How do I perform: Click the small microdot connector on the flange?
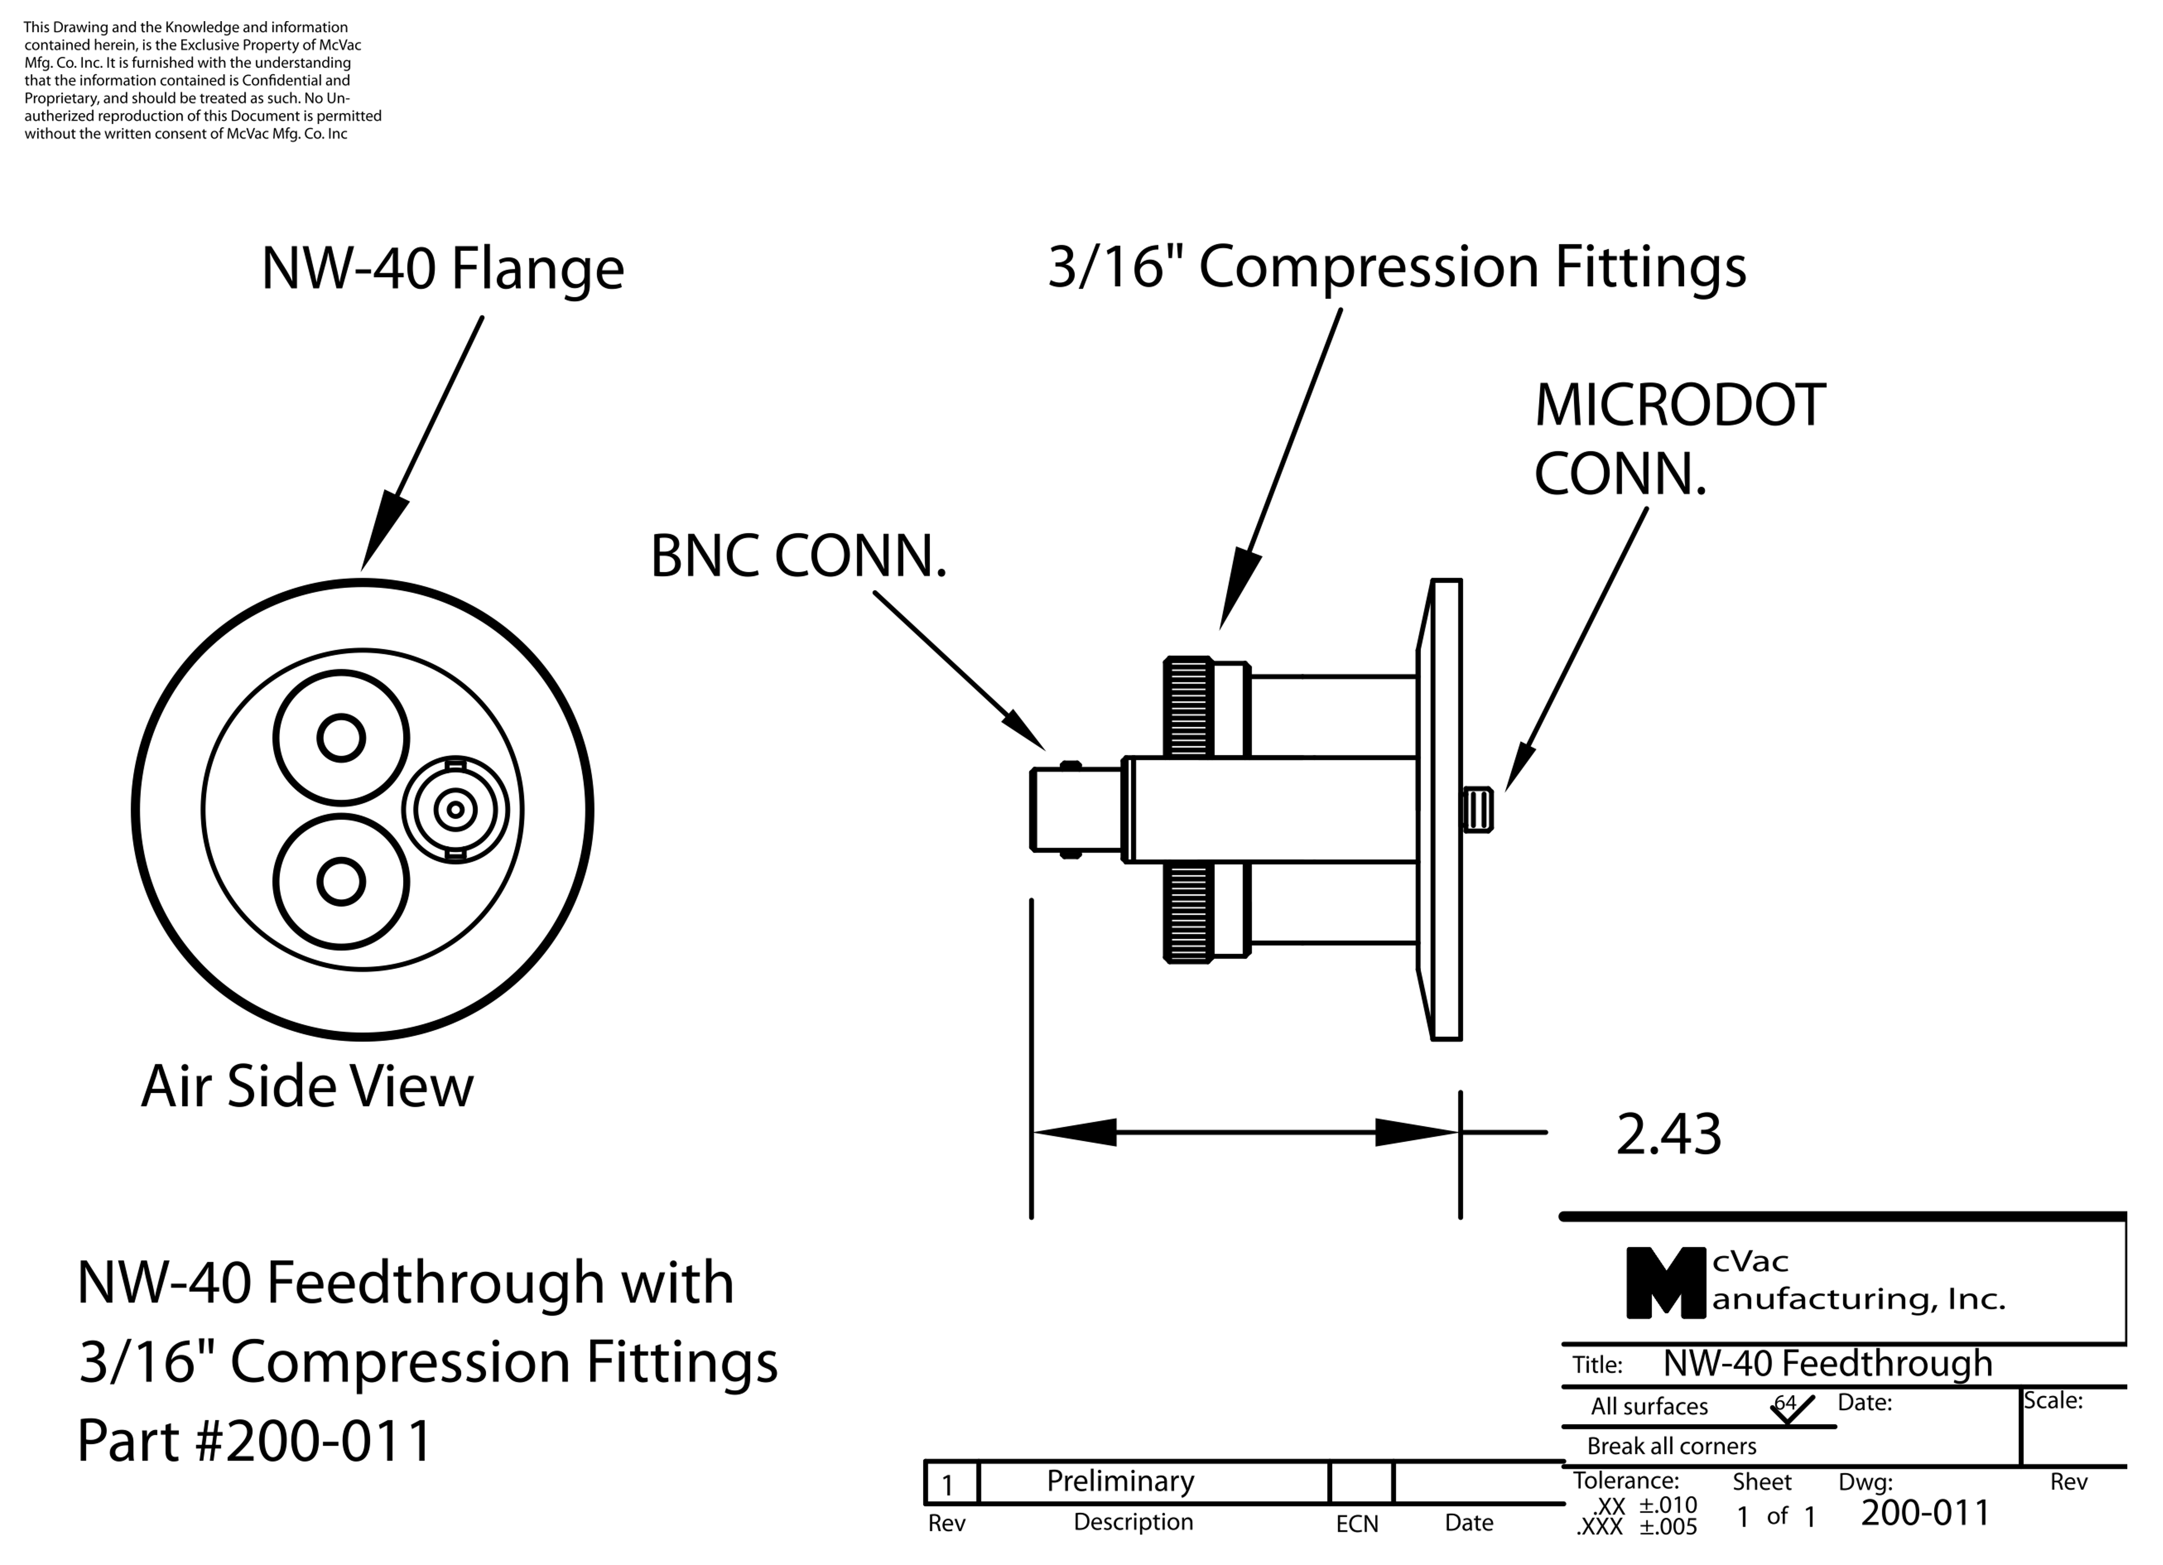click(x=1477, y=810)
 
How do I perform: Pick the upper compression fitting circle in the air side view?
click(x=341, y=737)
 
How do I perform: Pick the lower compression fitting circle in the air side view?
click(x=341, y=881)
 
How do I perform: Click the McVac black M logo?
click(x=1665, y=1284)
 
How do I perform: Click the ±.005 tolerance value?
click(x=1668, y=1527)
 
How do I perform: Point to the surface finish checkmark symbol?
click(x=1791, y=1409)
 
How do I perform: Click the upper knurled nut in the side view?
click(x=1189, y=707)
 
